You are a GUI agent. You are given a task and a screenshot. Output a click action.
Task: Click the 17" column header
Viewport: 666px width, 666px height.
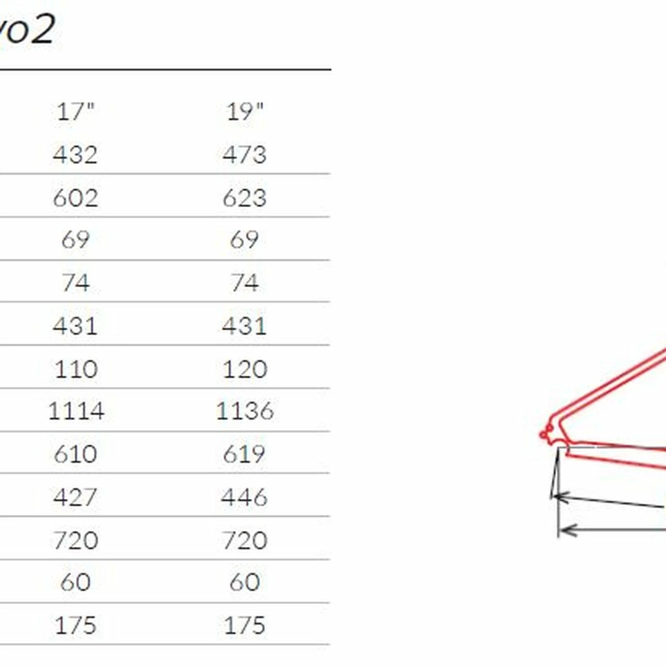(75, 112)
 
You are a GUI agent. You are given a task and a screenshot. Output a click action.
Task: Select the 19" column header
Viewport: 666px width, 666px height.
(245, 112)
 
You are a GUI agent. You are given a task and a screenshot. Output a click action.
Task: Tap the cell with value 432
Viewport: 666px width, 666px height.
(75, 155)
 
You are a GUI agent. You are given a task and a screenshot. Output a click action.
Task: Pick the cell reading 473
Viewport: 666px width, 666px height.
(245, 155)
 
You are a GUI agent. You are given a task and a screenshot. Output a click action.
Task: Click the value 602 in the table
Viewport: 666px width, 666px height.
(75, 198)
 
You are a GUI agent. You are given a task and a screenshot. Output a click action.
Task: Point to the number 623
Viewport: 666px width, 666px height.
(245, 198)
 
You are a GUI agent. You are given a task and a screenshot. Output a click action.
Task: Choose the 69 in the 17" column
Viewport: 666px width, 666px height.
(75, 239)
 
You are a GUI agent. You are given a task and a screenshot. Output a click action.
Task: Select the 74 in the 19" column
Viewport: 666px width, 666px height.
(245, 283)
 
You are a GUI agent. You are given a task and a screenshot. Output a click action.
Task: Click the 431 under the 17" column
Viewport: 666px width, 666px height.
(75, 326)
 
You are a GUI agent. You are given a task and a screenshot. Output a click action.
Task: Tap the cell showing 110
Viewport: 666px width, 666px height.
(76, 369)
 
